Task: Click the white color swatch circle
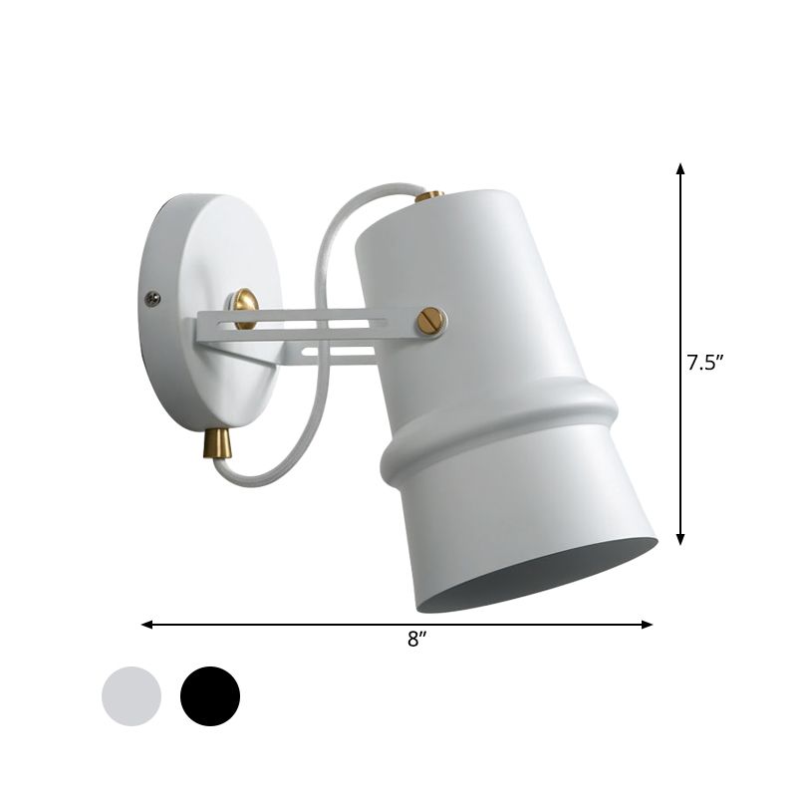coord(131,695)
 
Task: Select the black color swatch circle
coord(210,695)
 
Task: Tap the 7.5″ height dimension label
coord(703,364)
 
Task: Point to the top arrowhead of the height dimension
coord(681,168)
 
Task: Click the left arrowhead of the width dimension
coord(147,625)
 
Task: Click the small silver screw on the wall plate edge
coord(152,296)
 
